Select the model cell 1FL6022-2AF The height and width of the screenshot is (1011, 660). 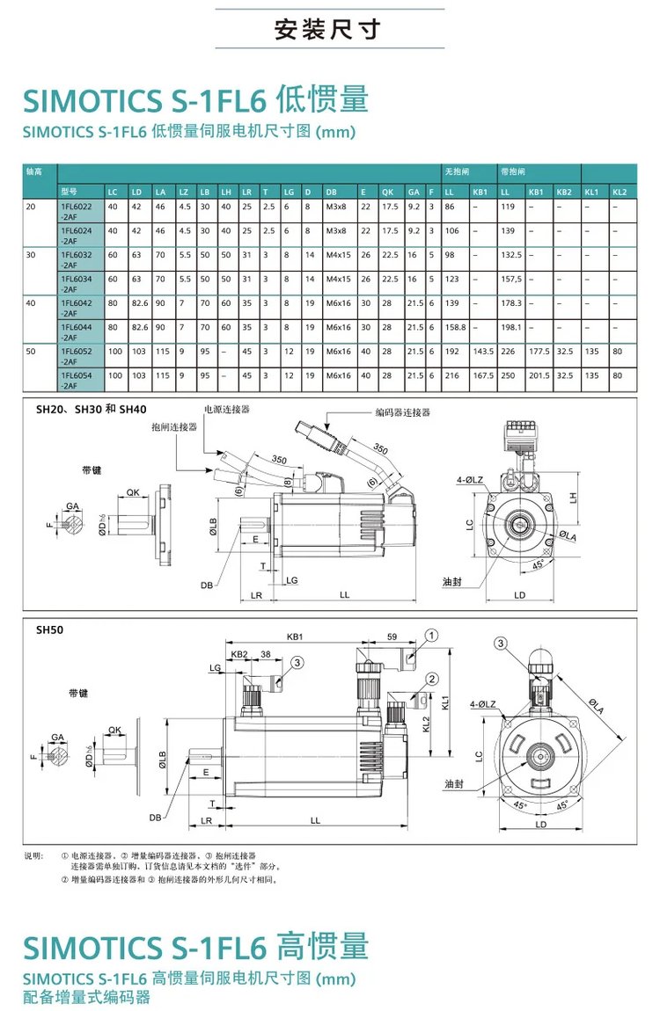point(77,211)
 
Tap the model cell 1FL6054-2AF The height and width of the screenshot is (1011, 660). point(77,380)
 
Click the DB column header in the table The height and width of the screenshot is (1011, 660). point(332,191)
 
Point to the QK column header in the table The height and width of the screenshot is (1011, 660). point(386,191)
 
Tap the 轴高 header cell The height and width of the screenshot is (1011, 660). point(35,172)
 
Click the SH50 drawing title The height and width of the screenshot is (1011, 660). point(49,629)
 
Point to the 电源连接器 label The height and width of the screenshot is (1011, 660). point(227,410)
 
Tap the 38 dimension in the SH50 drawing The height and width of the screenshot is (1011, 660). point(265,654)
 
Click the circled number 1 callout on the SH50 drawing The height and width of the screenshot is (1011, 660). point(431,635)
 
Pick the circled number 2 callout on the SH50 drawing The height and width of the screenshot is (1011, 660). point(431,679)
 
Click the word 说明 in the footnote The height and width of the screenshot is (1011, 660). point(33,855)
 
